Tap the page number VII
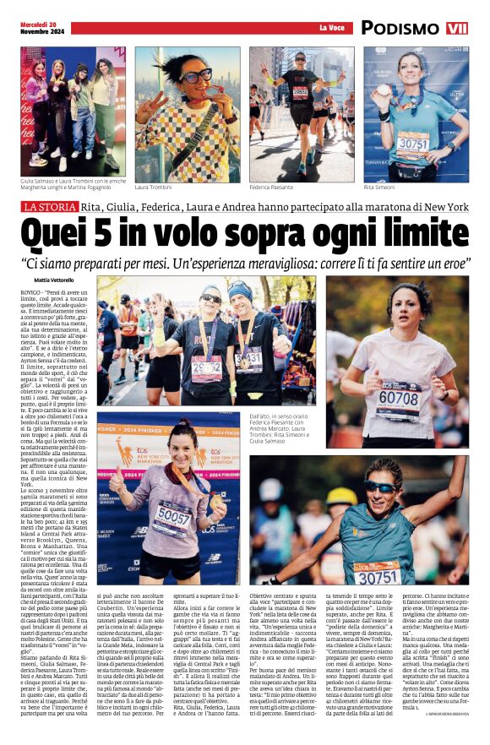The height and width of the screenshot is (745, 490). (x=457, y=28)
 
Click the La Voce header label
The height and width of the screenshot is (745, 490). (x=332, y=29)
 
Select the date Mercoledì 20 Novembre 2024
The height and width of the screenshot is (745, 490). (x=40, y=28)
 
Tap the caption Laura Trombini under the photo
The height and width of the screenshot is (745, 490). (x=153, y=187)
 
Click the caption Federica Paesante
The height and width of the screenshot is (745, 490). (x=273, y=187)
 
